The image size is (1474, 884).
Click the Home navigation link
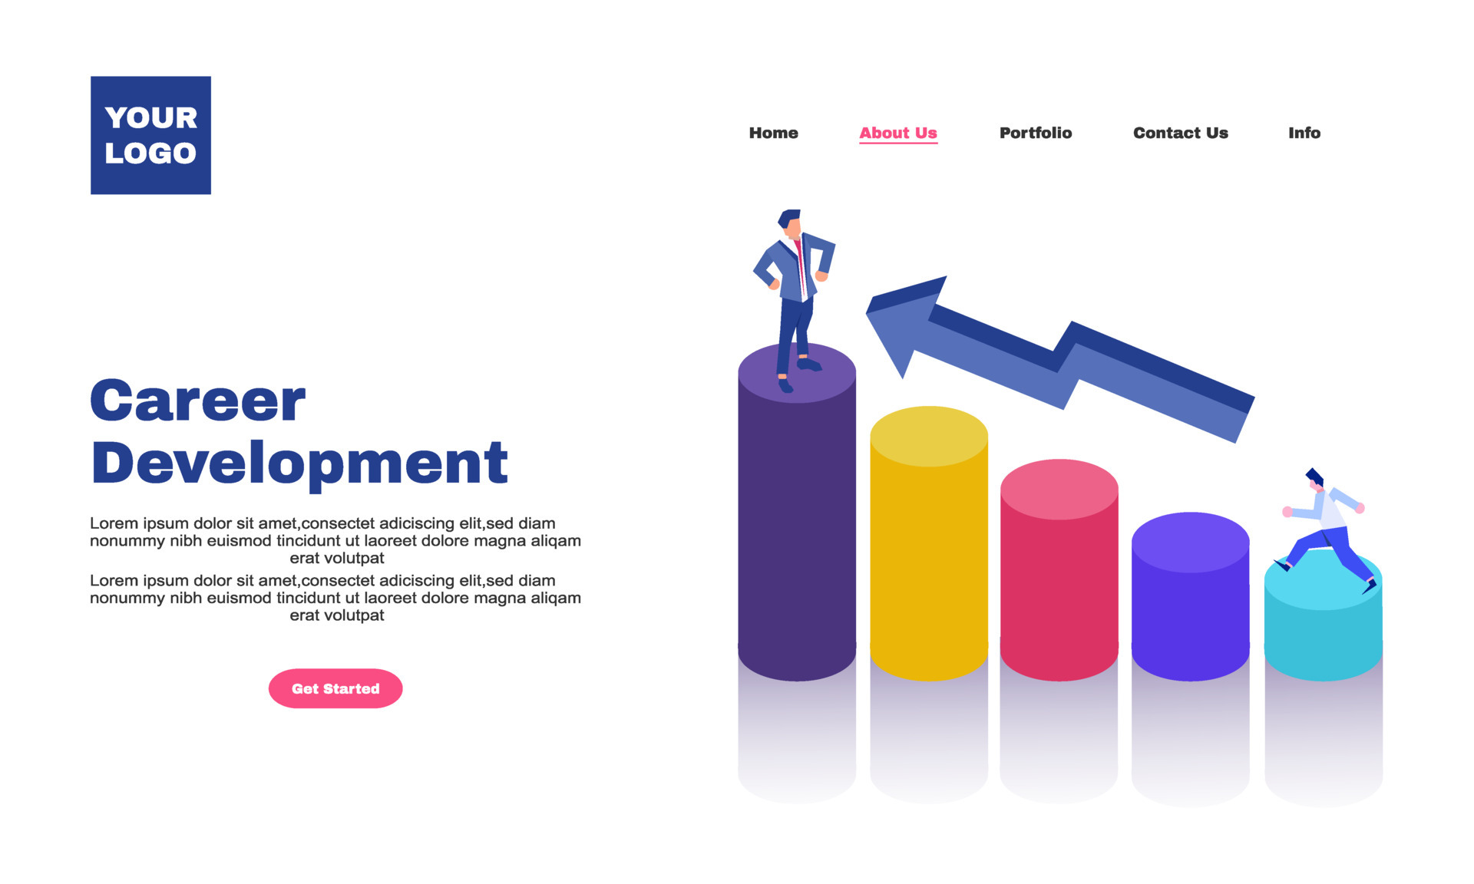tap(773, 133)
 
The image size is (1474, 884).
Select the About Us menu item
tap(897, 133)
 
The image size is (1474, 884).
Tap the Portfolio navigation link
tap(1035, 133)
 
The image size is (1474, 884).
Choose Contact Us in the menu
tap(1180, 133)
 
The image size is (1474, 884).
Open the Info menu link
tap(1304, 133)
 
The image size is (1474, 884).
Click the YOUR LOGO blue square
tap(150, 135)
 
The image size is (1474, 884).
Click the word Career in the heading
tap(198, 401)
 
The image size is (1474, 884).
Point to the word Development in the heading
tap(299, 463)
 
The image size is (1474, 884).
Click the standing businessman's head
tap(791, 222)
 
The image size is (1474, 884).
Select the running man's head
tap(1315, 480)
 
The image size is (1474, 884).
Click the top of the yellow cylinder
tap(928, 436)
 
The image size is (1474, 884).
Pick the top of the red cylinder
tap(1059, 489)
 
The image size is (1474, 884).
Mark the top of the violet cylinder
tap(1190, 542)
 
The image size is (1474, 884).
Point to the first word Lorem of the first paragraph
tap(114, 523)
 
